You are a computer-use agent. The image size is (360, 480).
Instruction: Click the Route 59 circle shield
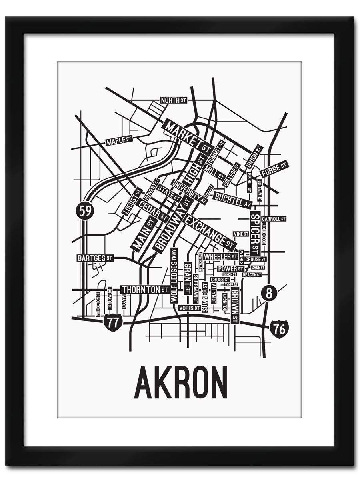click(85, 210)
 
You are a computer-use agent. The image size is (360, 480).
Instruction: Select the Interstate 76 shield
click(279, 329)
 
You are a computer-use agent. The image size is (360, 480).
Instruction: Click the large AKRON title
click(181, 382)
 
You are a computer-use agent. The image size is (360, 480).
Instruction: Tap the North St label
click(173, 100)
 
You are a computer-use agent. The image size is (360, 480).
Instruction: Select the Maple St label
click(119, 140)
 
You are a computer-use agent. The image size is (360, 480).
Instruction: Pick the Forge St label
click(274, 169)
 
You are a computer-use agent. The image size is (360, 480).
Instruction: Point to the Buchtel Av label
click(232, 200)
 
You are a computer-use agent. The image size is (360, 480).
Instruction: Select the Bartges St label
click(95, 258)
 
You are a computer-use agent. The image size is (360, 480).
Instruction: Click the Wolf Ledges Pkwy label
click(174, 275)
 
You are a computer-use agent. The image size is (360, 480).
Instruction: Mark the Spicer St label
click(255, 233)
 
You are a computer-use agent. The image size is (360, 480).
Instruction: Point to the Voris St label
click(189, 308)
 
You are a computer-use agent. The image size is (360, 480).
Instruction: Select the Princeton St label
click(98, 304)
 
